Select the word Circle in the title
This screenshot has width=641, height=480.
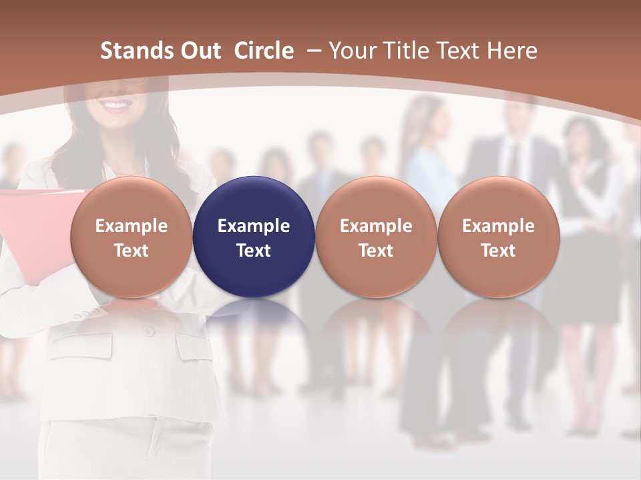(x=264, y=51)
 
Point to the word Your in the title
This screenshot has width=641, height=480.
(x=351, y=51)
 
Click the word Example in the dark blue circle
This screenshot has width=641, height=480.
(x=254, y=226)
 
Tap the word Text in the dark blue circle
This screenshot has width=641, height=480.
(x=254, y=251)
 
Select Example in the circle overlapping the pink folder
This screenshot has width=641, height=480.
(x=132, y=226)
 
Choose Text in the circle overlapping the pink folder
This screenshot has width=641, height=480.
(x=132, y=251)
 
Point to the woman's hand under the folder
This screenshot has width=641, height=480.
(x=93, y=311)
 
